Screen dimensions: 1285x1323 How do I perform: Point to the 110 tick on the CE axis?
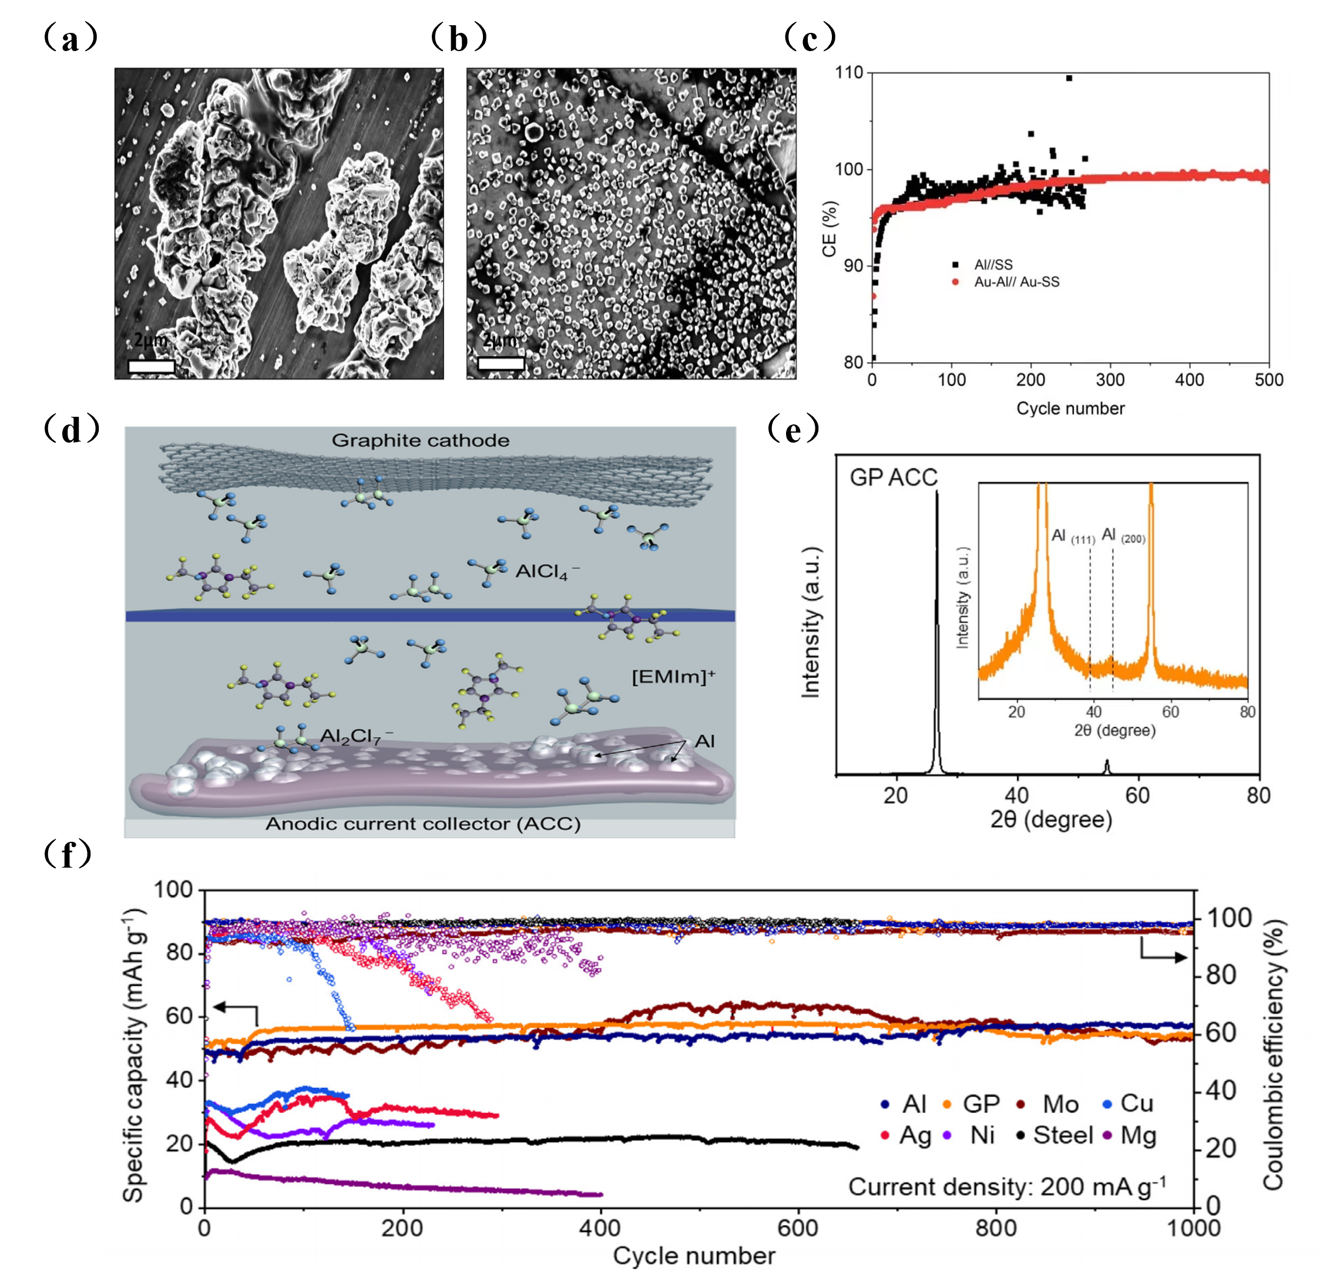pyautogui.click(x=849, y=72)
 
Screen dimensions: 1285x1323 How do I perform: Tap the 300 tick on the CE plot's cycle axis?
pyautogui.click(x=1110, y=380)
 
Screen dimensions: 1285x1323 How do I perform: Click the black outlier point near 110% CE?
pyautogui.click(x=1069, y=78)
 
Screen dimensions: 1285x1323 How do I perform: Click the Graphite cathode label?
pyautogui.click(x=420, y=441)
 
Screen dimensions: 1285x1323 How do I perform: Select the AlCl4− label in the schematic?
pyautogui.click(x=547, y=572)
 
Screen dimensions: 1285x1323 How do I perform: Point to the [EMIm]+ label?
pyautogui.click(x=673, y=676)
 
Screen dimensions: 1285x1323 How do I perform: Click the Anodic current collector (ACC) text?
pyautogui.click(x=423, y=824)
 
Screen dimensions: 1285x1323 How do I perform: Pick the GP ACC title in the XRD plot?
pyautogui.click(x=893, y=478)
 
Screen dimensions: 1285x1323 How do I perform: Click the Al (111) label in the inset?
pyautogui.click(x=1073, y=537)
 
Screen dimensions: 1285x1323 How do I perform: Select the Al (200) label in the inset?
pyautogui.click(x=1123, y=536)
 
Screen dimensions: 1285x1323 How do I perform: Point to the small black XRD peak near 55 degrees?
pyautogui.click(x=1106, y=766)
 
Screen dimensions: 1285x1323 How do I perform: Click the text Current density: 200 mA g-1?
pyautogui.click(x=1006, y=1186)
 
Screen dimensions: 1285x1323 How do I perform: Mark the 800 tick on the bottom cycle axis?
pyautogui.click(x=996, y=1226)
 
